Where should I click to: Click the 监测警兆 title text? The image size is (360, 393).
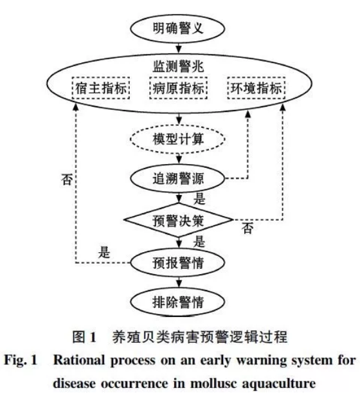(178, 66)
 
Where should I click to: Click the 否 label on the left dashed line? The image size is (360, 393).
(67, 179)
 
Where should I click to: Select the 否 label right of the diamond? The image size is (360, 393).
(247, 228)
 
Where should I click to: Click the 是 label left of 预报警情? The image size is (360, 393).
(104, 252)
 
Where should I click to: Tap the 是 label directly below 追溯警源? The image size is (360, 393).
(199, 199)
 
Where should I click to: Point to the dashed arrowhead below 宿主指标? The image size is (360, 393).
(76, 107)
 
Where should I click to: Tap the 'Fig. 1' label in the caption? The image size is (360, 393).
(21, 361)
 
